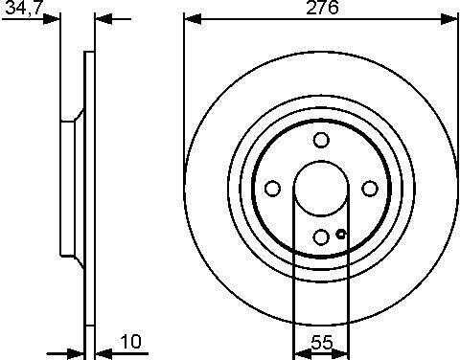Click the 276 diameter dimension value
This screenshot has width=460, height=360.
[322, 8]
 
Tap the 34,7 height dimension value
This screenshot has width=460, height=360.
[23, 8]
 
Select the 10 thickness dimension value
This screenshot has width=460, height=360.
[130, 342]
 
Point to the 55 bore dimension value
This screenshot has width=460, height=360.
[322, 343]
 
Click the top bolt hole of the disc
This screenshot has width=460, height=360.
[321, 140]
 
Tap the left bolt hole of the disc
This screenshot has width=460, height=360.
[273, 189]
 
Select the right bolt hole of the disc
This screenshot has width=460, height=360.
[370, 189]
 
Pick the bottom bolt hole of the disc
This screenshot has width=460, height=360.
[321, 237]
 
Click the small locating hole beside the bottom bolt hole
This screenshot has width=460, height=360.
[341, 235]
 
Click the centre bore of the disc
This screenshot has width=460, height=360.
[321, 189]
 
